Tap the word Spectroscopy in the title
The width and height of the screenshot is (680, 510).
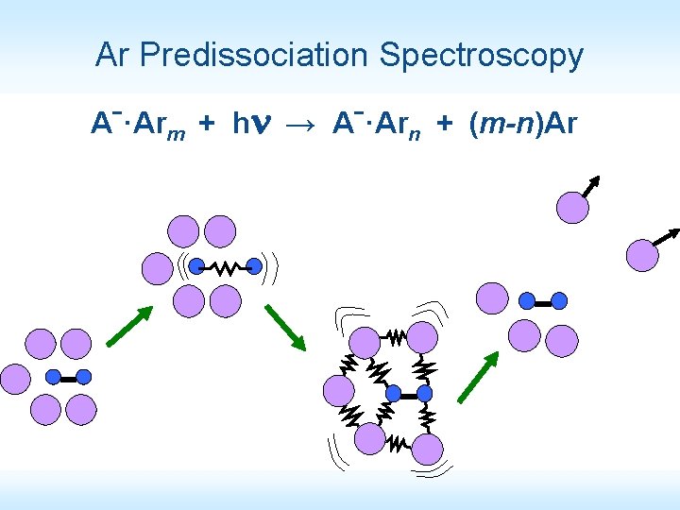[482, 56]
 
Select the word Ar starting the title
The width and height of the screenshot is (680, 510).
[112, 56]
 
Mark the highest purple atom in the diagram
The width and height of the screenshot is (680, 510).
[572, 207]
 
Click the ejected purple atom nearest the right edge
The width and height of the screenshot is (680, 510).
[643, 254]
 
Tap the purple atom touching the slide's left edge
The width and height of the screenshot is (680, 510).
[14, 378]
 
